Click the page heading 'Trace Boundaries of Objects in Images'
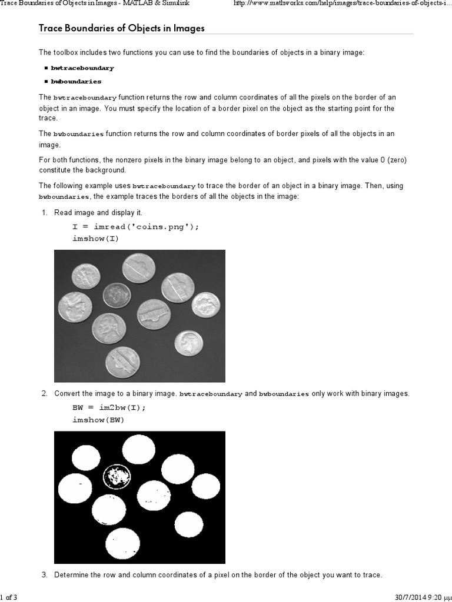click(x=121, y=28)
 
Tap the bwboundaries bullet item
click(x=76, y=82)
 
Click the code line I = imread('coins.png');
click(x=135, y=227)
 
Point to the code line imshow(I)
click(x=95, y=238)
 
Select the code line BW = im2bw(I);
click(x=108, y=408)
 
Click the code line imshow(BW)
click(x=98, y=420)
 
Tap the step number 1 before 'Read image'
click(x=44, y=213)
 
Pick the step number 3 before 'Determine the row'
click(x=44, y=574)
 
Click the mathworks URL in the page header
click(x=343, y=4)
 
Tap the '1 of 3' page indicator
click(x=9, y=597)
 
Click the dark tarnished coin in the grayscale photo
click(x=117, y=295)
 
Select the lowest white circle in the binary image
click(x=122, y=543)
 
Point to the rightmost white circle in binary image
click(x=205, y=486)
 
